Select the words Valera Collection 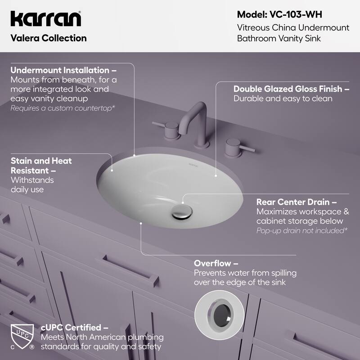point(48,38)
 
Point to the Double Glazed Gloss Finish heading point(291,89)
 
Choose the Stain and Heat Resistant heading point(41,166)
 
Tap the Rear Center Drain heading point(297,202)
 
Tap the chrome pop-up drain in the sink point(181,212)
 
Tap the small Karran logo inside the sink point(193,166)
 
